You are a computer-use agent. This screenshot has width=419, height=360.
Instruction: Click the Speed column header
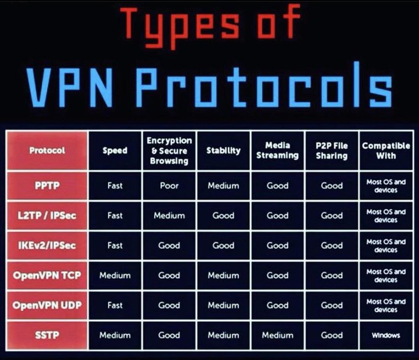(115, 150)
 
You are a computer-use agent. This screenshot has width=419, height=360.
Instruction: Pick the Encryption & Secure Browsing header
(169, 150)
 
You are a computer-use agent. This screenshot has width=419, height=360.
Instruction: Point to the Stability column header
(223, 150)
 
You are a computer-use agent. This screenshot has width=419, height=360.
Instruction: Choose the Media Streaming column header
(277, 150)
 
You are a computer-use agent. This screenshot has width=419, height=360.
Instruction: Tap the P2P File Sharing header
(332, 150)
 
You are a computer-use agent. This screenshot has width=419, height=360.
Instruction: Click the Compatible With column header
(386, 150)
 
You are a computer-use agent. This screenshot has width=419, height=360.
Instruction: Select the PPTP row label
(47, 186)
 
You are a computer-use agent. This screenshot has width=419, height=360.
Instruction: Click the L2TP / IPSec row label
(47, 215)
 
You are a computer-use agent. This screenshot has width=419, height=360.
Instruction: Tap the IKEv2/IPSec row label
(47, 245)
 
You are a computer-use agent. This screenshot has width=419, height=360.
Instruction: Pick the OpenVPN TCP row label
(47, 275)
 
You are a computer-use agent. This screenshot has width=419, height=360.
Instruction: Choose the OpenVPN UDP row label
(47, 305)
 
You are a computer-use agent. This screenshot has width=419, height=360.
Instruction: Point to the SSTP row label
(47, 335)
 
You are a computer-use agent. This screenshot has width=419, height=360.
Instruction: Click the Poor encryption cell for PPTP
(169, 186)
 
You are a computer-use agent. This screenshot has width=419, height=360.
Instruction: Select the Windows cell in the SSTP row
(386, 335)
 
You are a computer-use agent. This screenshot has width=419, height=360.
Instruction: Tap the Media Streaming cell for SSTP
(277, 335)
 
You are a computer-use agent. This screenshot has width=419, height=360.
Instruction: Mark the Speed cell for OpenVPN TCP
(115, 276)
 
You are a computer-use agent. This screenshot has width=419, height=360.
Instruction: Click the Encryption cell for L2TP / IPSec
(169, 216)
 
